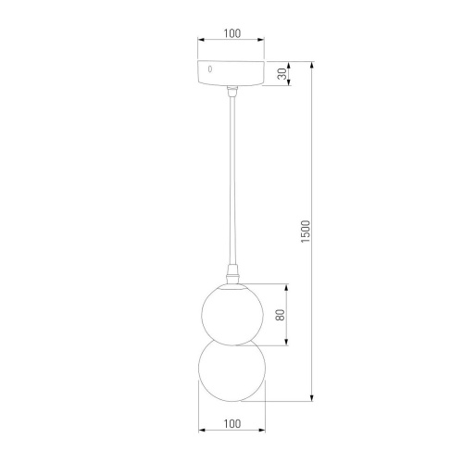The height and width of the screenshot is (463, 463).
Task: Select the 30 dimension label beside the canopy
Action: coord(281,73)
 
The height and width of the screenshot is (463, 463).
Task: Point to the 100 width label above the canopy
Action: coord(231,33)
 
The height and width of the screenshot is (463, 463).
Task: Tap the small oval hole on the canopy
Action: coord(210,70)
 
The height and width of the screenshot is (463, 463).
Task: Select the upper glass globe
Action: coord(231,312)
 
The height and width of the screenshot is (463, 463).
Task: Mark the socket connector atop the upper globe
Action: coord(231,276)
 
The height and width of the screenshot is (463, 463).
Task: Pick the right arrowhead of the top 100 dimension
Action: coord(262,42)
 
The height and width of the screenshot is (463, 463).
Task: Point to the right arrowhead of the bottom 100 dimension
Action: coord(262,432)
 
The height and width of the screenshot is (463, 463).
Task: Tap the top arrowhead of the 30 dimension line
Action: coord(289,62)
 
